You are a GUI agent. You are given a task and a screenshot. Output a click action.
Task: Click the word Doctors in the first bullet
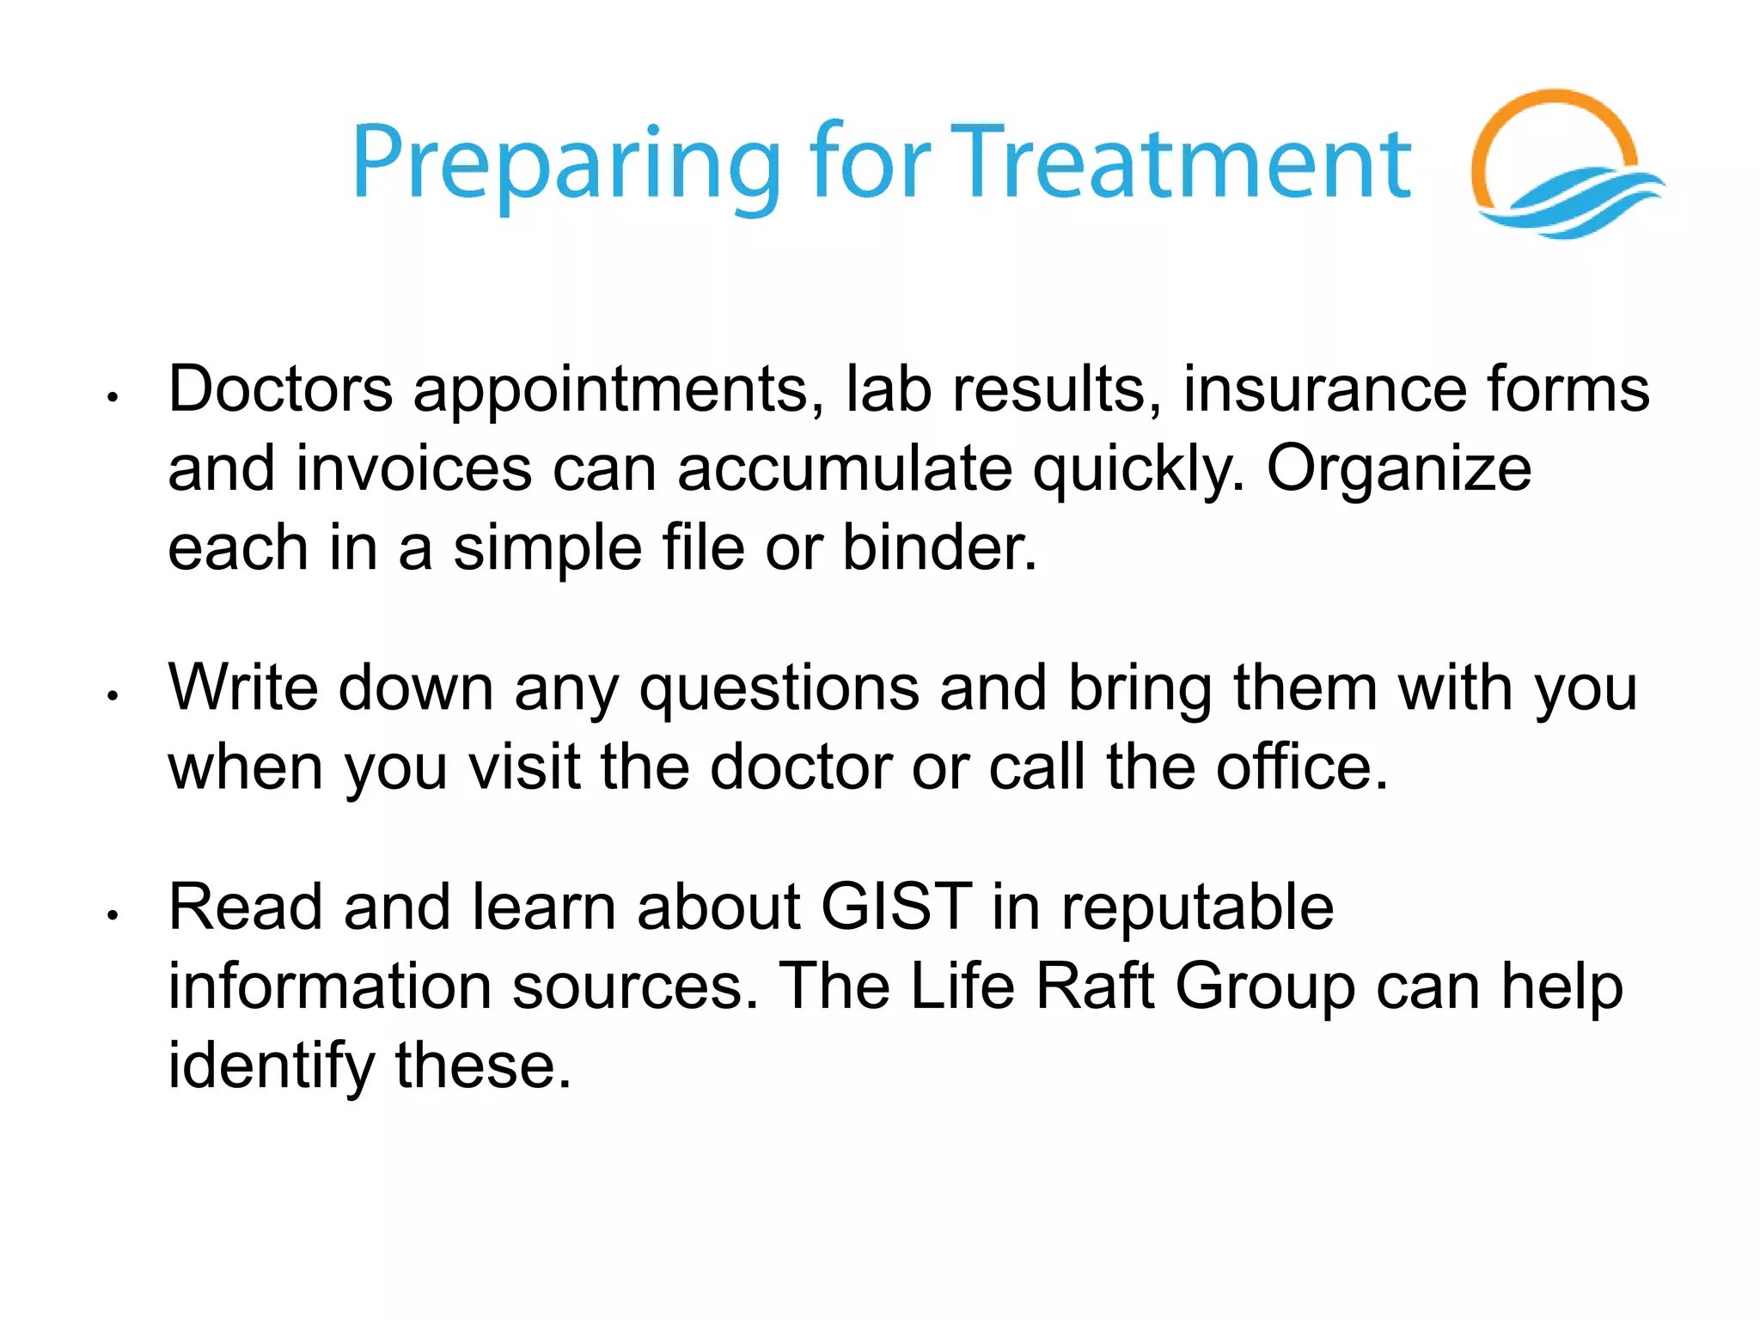(x=280, y=389)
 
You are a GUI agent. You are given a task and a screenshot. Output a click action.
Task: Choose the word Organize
(x=1398, y=469)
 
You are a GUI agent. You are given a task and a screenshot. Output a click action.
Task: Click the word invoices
(x=413, y=469)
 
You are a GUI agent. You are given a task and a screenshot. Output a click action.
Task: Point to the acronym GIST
(x=896, y=907)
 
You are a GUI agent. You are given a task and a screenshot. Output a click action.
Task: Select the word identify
(x=271, y=1066)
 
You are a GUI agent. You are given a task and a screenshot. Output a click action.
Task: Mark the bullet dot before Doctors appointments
(x=112, y=397)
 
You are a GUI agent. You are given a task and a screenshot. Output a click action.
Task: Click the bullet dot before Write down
(x=112, y=695)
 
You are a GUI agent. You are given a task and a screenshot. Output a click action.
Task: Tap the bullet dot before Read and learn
(x=112, y=915)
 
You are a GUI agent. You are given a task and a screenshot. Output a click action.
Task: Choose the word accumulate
(x=844, y=469)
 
